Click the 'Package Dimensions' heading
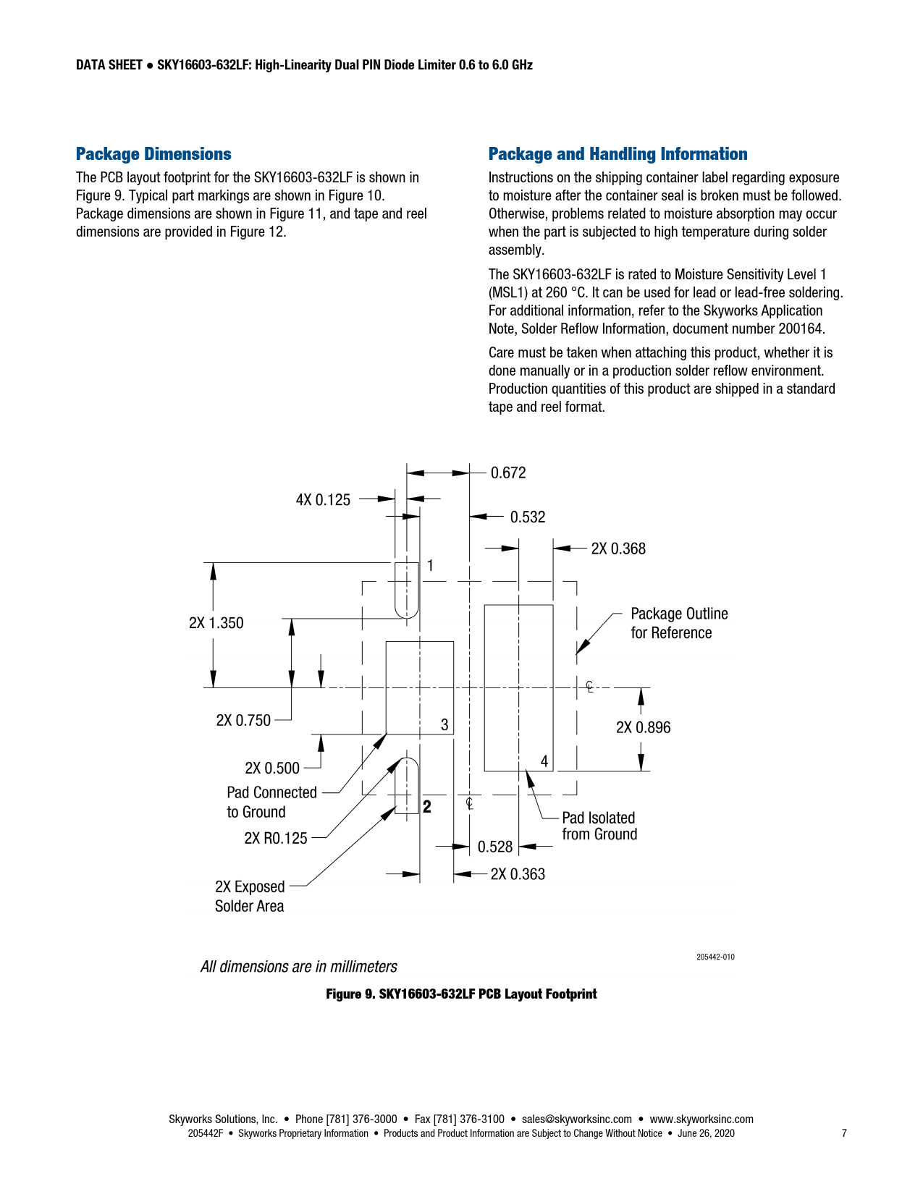pos(153,154)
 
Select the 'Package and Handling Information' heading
pos(618,154)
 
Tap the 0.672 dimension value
pos(508,473)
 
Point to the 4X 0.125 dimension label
pos(323,500)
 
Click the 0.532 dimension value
pos(528,517)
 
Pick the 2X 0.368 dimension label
pos(618,549)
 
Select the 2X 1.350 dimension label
pos(216,623)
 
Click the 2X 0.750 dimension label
pos(243,721)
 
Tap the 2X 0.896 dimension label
pos(643,728)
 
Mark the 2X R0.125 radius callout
pos(276,839)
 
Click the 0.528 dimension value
pos(495,847)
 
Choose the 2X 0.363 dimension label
pos(518,875)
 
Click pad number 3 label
pos(444,724)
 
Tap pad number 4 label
pos(544,761)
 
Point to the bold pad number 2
pos(427,807)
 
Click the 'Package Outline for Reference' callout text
pos(678,623)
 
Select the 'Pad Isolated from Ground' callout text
pos(599,826)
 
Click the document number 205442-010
pos(715,957)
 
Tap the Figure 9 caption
pos(461,994)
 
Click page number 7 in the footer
pos(844,1134)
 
